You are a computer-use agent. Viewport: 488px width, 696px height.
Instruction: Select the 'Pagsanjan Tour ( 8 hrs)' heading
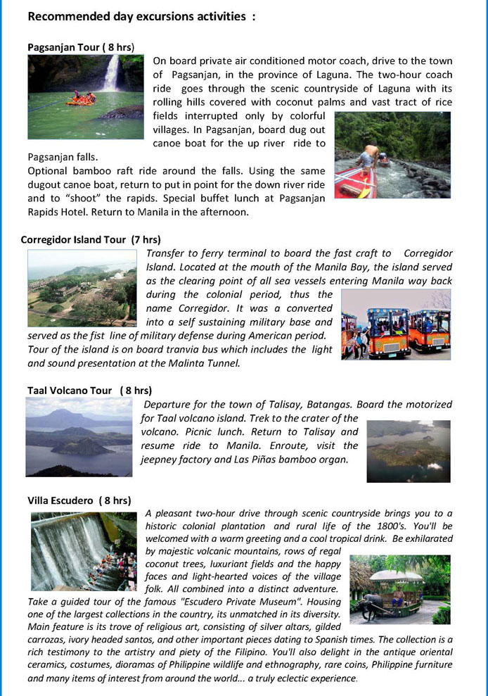pos(81,47)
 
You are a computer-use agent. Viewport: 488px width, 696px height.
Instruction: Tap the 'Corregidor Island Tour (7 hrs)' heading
pos(91,239)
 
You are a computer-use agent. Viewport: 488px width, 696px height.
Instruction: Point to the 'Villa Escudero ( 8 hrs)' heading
pos(79,500)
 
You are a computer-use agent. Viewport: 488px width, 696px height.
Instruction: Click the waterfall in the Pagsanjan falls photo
pos(111,74)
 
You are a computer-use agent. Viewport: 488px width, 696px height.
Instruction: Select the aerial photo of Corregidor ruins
pos(82,288)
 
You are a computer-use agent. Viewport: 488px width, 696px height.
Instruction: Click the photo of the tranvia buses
pos(396,324)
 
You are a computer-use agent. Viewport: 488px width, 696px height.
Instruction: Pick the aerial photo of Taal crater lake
pos(409,451)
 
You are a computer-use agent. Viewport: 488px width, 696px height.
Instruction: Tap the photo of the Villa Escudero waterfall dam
pos(84,551)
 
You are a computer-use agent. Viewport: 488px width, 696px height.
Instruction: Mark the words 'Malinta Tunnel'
pos(208,363)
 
